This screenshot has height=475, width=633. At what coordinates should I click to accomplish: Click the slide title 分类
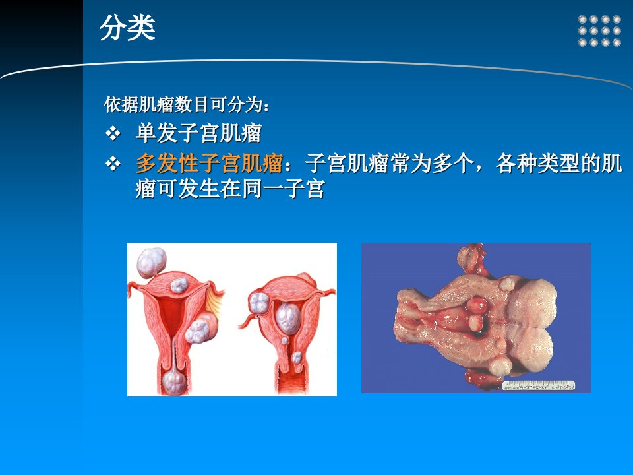coord(127,28)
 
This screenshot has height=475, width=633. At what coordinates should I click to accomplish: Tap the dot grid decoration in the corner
coord(599,31)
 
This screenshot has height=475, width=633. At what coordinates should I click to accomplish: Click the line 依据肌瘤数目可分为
coord(187,105)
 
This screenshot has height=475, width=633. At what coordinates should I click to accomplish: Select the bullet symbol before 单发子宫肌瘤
coord(113,133)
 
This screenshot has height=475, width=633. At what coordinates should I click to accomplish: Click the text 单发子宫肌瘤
coord(199,133)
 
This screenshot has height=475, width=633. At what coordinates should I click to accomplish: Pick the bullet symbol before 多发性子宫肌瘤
coord(113,164)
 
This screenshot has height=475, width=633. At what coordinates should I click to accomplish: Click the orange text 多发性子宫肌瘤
coord(209,163)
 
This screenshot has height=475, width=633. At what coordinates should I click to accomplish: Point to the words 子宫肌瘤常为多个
coord(388,163)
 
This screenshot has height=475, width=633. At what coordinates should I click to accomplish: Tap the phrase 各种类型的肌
coord(558,163)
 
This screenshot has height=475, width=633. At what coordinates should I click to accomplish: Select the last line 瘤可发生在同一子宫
coord(230,189)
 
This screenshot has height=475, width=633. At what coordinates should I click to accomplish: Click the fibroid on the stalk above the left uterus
coord(152,263)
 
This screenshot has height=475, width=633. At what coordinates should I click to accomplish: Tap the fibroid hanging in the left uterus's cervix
coord(174,382)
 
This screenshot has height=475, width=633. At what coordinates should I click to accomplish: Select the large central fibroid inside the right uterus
coord(288,318)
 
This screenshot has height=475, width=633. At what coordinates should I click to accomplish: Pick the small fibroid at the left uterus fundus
coord(179,285)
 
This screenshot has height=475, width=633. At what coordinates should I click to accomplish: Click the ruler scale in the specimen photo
coord(538,385)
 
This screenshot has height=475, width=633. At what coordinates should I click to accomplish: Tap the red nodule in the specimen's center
coord(477,305)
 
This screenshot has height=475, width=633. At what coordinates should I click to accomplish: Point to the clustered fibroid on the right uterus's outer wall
coord(258,303)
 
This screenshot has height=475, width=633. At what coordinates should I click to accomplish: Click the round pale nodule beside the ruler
coord(500,367)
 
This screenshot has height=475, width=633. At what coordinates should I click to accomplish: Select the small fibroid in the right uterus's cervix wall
coord(297,357)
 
